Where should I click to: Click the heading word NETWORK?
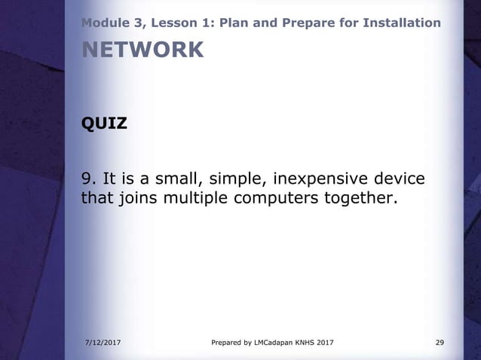142,50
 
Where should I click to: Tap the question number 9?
87,179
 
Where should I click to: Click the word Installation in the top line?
403,23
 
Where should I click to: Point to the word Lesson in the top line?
165,23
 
